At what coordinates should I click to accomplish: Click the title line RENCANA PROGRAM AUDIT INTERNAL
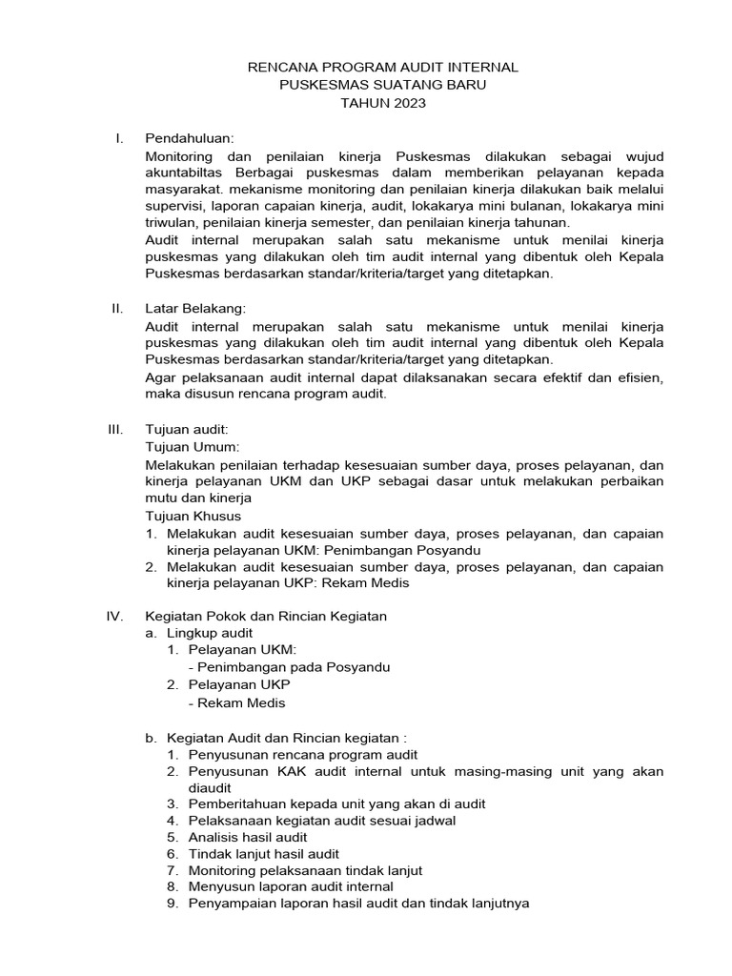click(x=382, y=68)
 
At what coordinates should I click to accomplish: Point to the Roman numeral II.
click(x=116, y=308)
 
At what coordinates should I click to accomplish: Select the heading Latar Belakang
click(x=195, y=308)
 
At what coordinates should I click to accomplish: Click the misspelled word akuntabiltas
click(x=189, y=173)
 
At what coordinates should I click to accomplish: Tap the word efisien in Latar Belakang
click(x=637, y=377)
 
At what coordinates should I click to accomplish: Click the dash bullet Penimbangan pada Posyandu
click(x=289, y=667)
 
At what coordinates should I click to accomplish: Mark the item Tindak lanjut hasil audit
click(x=263, y=854)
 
